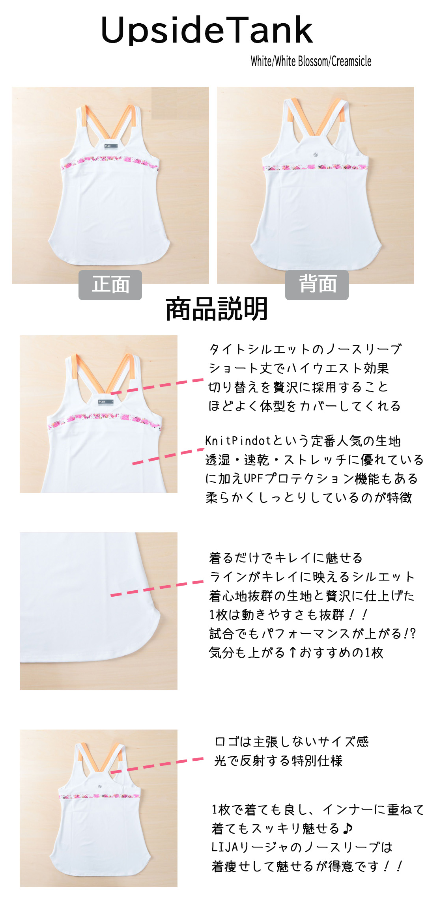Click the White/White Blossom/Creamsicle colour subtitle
[311, 61]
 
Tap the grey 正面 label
[110, 285]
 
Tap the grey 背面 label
[317, 285]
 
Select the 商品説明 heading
[217, 309]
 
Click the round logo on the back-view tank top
[316, 155]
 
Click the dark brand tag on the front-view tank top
[110, 146]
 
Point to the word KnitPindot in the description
[238, 440]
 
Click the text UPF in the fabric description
[253, 478]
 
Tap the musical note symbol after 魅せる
[347, 828]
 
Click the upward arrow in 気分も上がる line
[292, 652]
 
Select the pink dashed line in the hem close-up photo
[157, 588]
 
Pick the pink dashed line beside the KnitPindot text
[168, 456]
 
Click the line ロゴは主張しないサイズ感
[291, 742]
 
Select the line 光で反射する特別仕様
[278, 761]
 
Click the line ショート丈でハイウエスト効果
[299, 368]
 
